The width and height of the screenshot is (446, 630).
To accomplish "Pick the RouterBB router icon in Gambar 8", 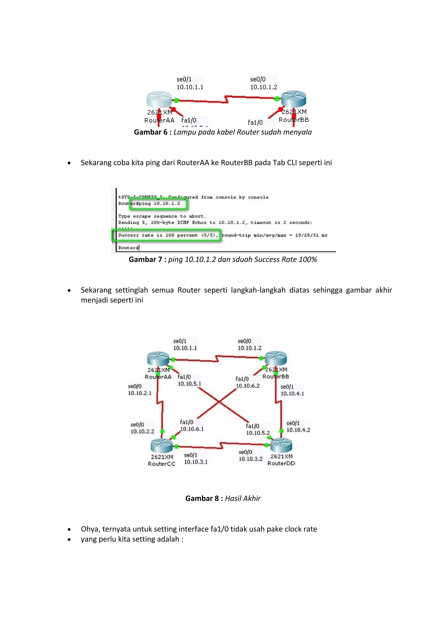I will point(276,358).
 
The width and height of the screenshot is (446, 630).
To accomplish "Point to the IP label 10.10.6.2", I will point(248,386).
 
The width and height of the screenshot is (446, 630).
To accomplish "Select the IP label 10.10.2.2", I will point(142,431).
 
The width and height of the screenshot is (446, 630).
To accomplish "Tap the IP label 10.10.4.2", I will point(298,430).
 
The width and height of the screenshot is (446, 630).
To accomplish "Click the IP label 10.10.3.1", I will point(196,462).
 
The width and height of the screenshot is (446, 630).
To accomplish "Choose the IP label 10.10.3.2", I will point(250,459).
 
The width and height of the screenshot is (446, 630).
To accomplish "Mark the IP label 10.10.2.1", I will point(140,393).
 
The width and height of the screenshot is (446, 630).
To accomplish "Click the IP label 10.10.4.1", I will point(292,394).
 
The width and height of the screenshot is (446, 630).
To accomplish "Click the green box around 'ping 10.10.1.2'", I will point(159,204).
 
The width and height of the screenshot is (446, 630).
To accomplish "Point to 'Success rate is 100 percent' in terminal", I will point(158,235).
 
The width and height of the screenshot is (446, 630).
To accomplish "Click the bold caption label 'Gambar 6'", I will point(150,132).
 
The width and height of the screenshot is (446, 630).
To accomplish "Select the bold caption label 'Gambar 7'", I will point(145,260).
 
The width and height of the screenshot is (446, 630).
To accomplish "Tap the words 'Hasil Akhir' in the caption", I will point(243,498).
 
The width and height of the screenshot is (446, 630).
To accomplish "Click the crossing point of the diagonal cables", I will point(219,402).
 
